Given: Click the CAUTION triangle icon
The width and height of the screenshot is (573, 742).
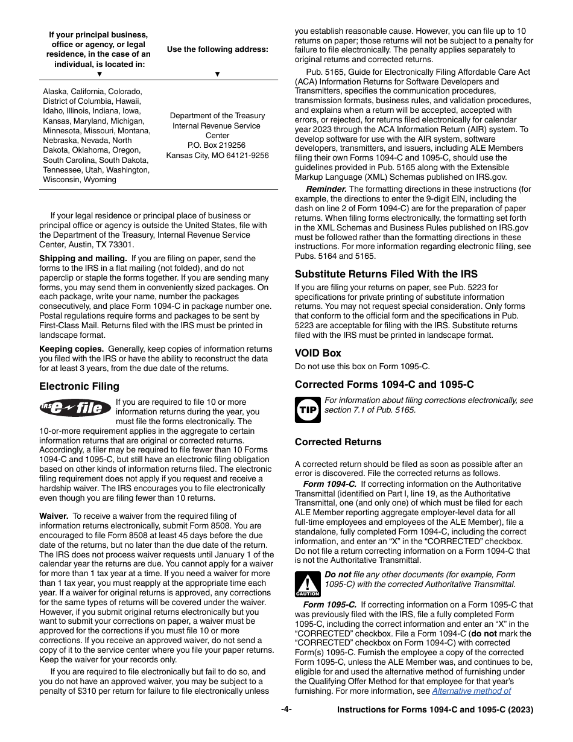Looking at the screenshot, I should pyautogui.click(x=307, y=585).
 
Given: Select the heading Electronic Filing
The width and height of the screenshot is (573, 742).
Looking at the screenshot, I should pyautogui.click(x=79, y=386).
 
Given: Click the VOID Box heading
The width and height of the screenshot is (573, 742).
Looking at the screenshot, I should pyautogui.click(x=318, y=353).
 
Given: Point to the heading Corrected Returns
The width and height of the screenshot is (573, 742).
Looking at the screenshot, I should pyautogui.click(x=338, y=442).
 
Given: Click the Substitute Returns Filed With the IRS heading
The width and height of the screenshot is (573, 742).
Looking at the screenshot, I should pyautogui.click(x=386, y=274).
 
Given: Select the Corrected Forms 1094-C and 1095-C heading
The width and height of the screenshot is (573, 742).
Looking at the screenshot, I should pyautogui.click(x=384, y=384).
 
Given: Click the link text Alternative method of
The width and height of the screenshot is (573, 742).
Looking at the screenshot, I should pyautogui.click(x=471, y=691).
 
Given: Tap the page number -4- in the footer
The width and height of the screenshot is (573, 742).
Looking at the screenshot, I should pyautogui.click(x=286, y=709).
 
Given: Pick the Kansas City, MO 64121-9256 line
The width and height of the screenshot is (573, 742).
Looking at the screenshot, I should pyautogui.click(x=217, y=155).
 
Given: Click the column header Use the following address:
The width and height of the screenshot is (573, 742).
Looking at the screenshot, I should pyautogui.click(x=217, y=49).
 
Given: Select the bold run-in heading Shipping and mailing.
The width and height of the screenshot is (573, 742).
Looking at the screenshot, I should pyautogui.click(x=83, y=258).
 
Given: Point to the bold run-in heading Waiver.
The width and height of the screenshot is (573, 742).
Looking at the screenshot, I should pyautogui.click(x=54, y=516).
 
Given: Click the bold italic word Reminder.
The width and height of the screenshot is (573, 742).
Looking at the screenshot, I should pyautogui.click(x=326, y=189).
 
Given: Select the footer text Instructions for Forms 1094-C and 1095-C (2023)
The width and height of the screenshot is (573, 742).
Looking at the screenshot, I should pyautogui.click(x=435, y=710).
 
